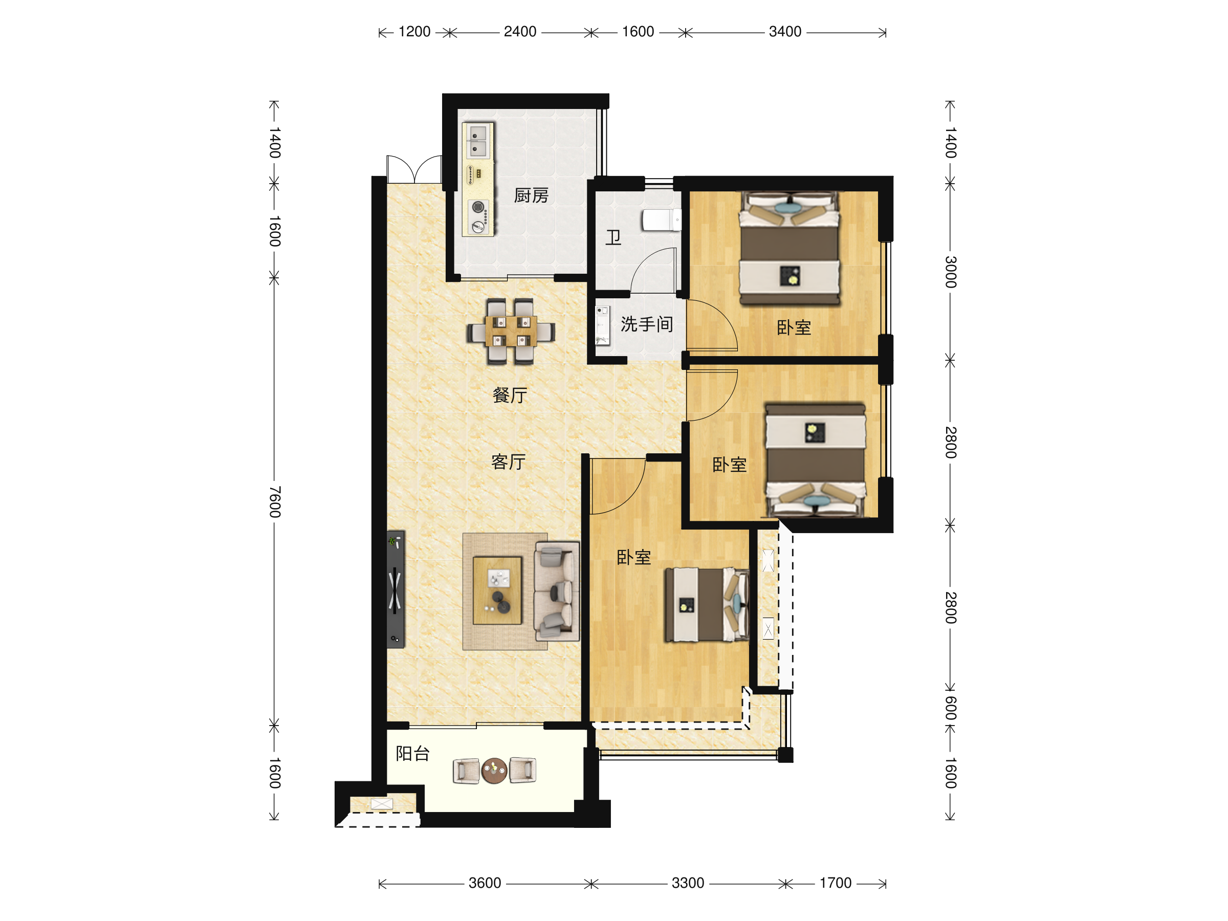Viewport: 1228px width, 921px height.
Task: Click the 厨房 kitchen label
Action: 531,195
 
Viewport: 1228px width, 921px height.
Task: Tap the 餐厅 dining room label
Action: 510,396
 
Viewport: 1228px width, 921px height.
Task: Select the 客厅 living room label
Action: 509,462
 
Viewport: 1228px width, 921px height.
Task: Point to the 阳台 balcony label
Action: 412,753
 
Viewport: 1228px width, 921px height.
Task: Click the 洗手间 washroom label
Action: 647,324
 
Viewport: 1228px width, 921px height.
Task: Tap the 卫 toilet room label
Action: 613,237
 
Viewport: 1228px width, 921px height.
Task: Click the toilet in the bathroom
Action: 662,220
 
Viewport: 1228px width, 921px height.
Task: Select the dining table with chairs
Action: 511,332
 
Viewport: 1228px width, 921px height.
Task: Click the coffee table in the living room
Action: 497,590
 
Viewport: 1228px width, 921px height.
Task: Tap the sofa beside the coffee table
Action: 557,592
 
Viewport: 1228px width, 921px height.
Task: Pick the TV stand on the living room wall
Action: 396,589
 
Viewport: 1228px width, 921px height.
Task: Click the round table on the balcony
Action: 494,771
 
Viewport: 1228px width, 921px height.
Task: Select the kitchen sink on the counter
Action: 477,141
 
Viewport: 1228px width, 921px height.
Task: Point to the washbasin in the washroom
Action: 602,325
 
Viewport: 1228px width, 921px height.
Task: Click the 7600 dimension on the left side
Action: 275,502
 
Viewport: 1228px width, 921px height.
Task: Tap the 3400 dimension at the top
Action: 785,32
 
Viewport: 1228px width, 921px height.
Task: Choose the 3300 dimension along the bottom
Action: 688,883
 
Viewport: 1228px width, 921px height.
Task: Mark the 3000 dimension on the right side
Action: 951,272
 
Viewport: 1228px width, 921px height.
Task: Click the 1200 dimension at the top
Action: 414,32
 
